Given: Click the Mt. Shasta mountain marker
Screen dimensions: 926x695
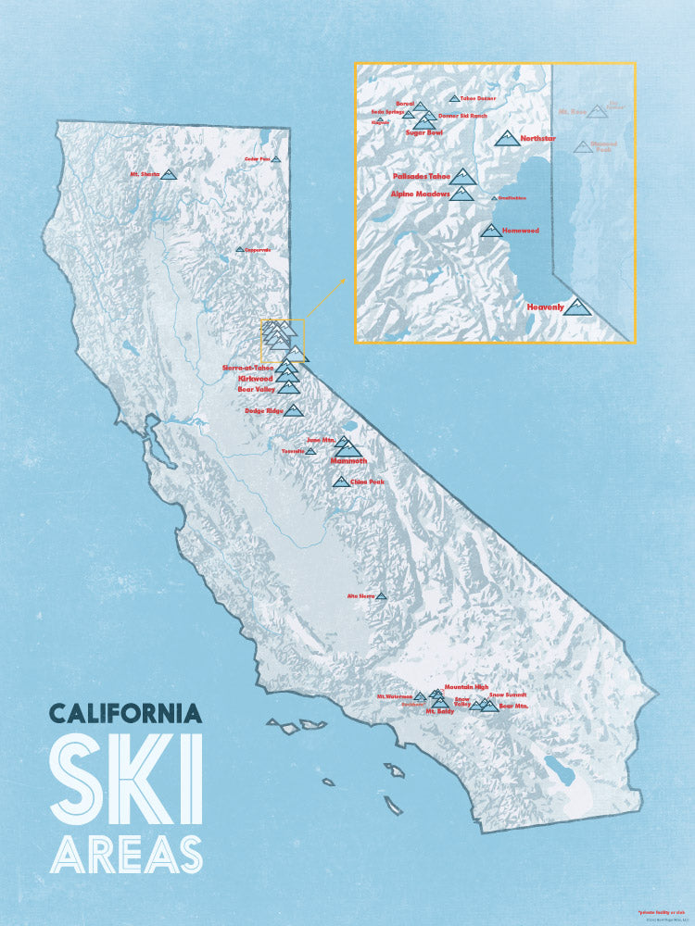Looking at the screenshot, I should click(x=168, y=174).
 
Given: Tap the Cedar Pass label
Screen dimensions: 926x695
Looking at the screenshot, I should click(x=257, y=158).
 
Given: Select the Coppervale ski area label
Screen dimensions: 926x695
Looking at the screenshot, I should click(x=258, y=249).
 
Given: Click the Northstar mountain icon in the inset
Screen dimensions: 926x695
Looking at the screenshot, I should click(x=506, y=139).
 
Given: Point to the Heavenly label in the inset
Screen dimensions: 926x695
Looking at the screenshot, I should click(x=545, y=307).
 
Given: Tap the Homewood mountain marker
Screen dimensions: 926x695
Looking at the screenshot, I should click(x=491, y=231).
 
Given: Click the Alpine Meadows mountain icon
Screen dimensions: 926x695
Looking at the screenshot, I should click(x=461, y=193).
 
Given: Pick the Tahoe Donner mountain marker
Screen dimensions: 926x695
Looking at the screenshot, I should click(x=454, y=98).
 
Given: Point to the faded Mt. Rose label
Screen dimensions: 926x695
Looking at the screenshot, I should click(x=573, y=111).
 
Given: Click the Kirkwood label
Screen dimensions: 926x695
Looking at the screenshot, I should click(x=255, y=379).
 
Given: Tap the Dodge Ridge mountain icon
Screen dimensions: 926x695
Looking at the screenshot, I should click(x=294, y=410).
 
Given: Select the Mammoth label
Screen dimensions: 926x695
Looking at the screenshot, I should click(x=349, y=460).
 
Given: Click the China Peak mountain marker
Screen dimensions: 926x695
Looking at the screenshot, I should click(x=340, y=482).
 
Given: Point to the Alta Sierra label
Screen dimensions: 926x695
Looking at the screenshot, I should click(x=360, y=595).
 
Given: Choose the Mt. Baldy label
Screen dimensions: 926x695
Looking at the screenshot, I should click(x=442, y=712).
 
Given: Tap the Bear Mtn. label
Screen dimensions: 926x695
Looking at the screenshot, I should click(x=514, y=707).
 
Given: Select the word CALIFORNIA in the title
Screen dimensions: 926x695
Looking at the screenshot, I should click(x=125, y=714).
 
